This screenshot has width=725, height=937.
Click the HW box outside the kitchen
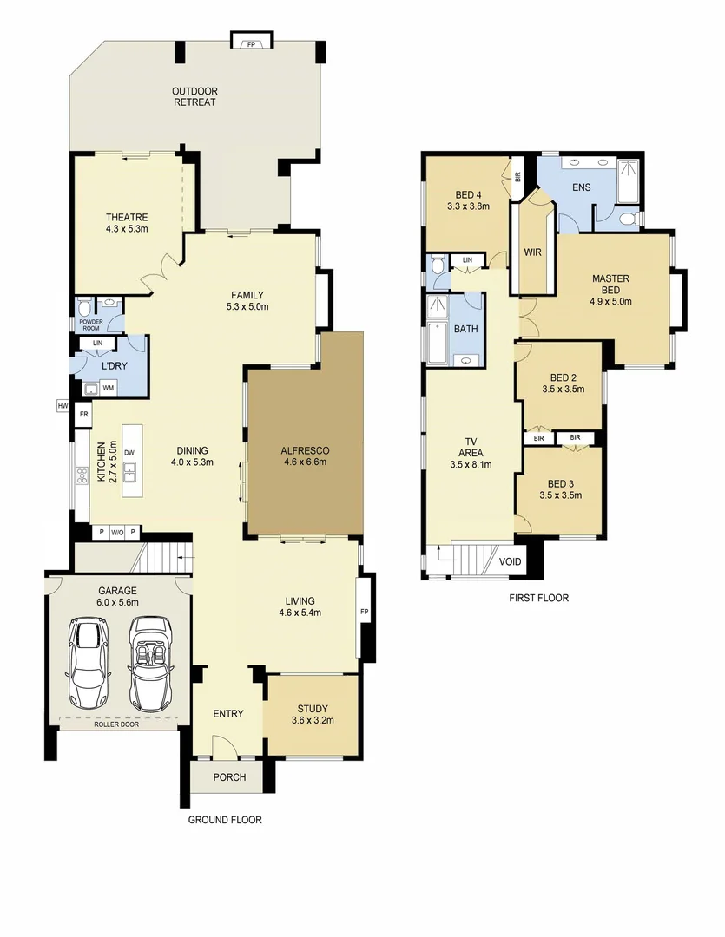[63, 405]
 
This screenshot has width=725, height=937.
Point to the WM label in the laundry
[109, 388]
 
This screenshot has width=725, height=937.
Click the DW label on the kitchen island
[129, 452]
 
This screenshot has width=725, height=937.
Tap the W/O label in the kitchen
[116, 533]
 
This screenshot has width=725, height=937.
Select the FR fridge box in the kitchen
[84, 415]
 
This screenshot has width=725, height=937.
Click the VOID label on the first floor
[511, 562]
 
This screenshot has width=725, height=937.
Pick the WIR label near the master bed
[533, 252]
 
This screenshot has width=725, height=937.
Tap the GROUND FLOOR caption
[225, 819]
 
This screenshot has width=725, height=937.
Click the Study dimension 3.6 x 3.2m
[313, 720]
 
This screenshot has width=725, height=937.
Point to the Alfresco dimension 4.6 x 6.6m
[304, 462]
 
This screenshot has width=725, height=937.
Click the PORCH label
[229, 777]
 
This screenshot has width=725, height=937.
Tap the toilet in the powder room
[83, 307]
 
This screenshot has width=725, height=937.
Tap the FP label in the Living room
[363, 611]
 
